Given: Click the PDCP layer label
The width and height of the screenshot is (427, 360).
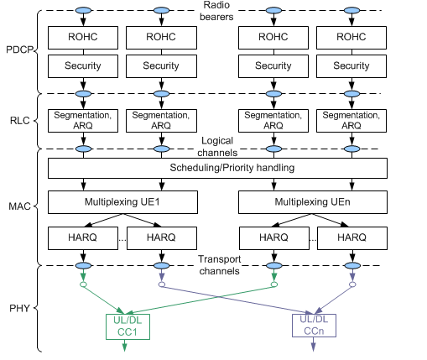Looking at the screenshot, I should click(x=16, y=50).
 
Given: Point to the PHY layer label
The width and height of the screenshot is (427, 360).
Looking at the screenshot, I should click(x=18, y=308).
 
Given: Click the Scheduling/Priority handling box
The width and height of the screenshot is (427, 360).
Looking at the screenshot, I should click(x=218, y=168).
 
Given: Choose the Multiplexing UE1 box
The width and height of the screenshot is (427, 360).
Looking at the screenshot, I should click(x=122, y=203).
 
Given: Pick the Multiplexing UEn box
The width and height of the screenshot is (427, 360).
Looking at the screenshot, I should click(x=313, y=203).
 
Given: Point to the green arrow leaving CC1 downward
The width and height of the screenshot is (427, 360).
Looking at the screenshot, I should click(x=125, y=346).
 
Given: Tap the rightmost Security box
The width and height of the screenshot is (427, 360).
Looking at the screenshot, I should click(x=351, y=65).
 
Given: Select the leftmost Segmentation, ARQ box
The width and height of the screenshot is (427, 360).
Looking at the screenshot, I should click(x=83, y=120).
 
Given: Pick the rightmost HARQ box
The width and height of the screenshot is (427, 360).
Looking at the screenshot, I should click(x=351, y=238).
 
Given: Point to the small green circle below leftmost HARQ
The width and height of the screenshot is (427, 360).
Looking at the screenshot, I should click(x=83, y=285).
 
